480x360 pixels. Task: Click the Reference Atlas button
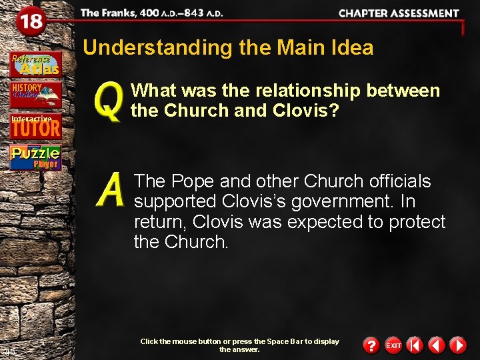pyautogui.click(x=35, y=64)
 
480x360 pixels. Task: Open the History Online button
pyautogui.click(x=35, y=95)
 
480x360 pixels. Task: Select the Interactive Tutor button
pyautogui.click(x=35, y=126)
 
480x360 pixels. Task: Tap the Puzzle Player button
pyautogui.click(x=35, y=157)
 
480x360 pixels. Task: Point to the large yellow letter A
pyautogui.click(x=111, y=191)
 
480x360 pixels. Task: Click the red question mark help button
pyautogui.click(x=371, y=345)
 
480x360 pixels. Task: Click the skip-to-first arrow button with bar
pyautogui.click(x=415, y=345)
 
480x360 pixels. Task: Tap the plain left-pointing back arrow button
pyautogui.click(x=436, y=345)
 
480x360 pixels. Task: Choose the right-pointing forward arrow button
pyautogui.click(x=457, y=345)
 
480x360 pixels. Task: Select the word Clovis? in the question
pyautogui.click(x=307, y=111)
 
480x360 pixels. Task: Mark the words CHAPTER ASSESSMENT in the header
pyautogui.click(x=399, y=13)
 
